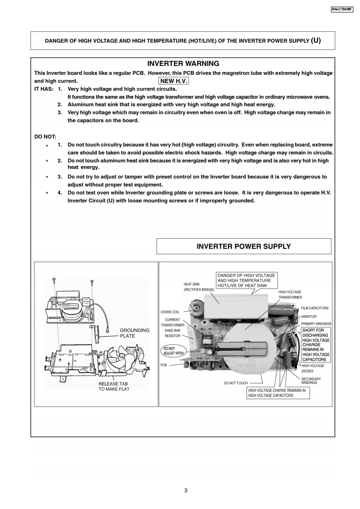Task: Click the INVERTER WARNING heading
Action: tap(183, 64)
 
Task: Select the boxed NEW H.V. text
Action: tap(174, 81)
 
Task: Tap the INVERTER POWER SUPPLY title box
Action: tap(243, 247)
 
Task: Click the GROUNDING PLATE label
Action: tap(134, 333)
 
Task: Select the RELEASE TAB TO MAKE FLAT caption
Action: tap(114, 386)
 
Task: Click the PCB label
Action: tap(164, 365)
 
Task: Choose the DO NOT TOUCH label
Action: tap(236, 383)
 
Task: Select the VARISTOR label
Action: tap(309, 316)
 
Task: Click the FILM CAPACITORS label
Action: tap(315, 308)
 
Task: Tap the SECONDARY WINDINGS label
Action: tap(311, 381)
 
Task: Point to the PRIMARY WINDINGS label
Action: tap(316, 323)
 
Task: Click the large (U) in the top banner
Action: tap(316, 40)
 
